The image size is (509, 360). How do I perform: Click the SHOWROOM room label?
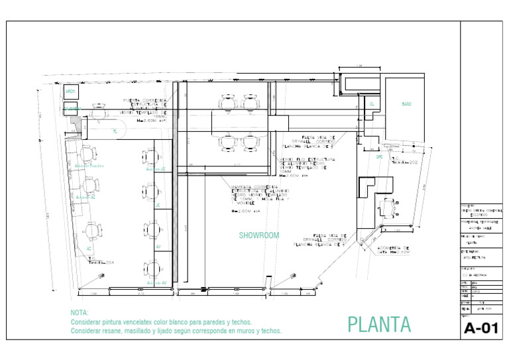coord(259,235)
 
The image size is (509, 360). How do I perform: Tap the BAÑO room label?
coord(406,104)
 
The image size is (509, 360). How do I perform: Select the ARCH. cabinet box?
coord(70,92)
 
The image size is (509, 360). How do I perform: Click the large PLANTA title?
coord(379,324)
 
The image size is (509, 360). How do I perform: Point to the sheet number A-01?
coord(481,328)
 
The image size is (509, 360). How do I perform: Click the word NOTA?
coord(78,312)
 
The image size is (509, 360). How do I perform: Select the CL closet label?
coord(372,104)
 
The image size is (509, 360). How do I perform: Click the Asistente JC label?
coord(156,170)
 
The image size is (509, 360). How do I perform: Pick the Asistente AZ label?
coord(85,197)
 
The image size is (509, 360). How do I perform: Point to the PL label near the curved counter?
coord(115,132)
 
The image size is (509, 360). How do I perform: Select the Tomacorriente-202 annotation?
coord(404,161)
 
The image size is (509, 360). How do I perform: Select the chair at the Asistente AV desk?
coord(150,269)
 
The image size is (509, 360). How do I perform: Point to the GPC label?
coord(379,157)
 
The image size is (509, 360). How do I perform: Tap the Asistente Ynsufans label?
coord(89,166)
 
